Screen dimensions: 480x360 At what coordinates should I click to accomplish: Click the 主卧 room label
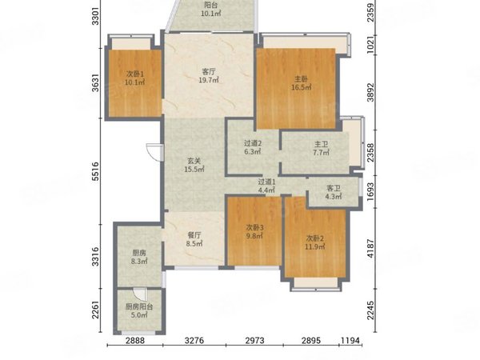[302, 79]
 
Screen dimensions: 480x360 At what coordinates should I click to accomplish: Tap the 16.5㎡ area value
[302, 87]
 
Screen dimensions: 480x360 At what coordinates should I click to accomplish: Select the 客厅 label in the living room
[209, 72]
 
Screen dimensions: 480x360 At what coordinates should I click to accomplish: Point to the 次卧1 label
[135, 74]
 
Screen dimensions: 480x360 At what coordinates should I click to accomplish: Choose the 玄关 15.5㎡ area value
[194, 169]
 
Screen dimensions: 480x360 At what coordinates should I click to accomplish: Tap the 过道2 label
[253, 143]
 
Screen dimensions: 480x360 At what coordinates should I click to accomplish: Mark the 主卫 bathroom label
[321, 144]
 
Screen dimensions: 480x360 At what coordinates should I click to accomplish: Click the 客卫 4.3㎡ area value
[334, 197]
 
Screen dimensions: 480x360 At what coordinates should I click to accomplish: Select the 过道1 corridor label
[266, 182]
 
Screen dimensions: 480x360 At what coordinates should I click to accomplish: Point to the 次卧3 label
[254, 228]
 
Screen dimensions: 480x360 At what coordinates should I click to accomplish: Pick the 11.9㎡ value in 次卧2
[314, 246]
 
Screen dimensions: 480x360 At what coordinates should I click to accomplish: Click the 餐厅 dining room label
[194, 235]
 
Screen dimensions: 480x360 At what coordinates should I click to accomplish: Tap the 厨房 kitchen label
[139, 253]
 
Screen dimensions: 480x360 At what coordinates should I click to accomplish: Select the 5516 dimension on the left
[96, 171]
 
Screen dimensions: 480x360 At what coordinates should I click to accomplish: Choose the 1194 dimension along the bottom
[350, 341]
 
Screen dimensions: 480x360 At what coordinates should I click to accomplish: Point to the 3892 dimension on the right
[370, 92]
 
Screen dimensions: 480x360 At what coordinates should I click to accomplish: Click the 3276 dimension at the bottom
[194, 341]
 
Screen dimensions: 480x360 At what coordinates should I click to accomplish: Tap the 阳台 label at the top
[211, 6]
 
